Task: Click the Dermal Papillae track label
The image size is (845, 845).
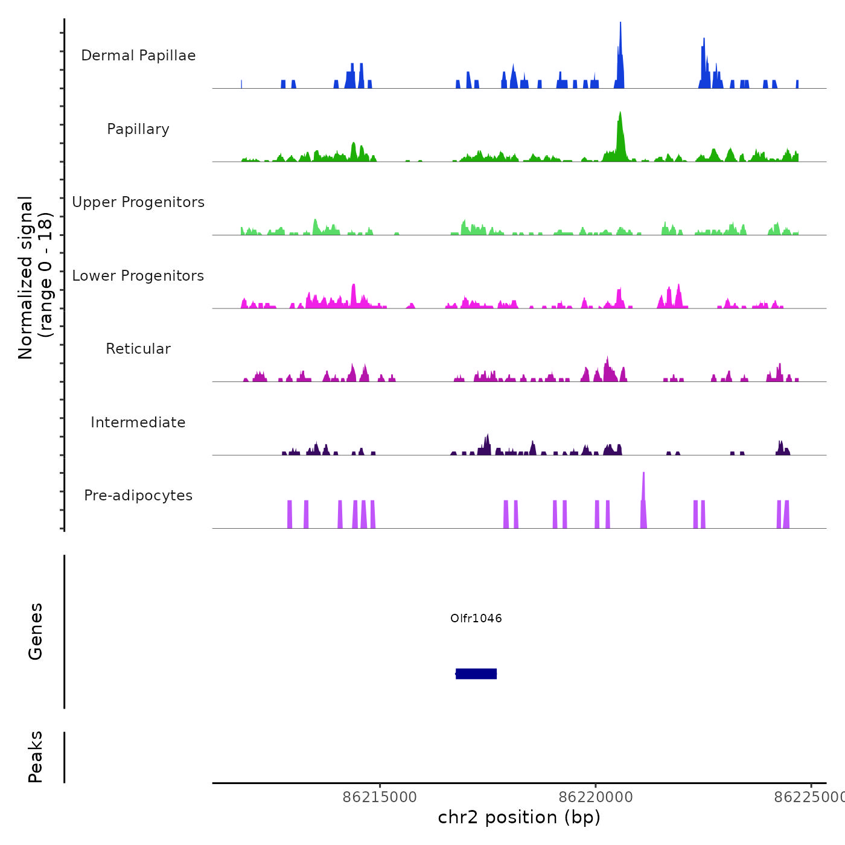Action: tap(138, 56)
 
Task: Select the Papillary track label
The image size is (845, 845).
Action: tap(138, 129)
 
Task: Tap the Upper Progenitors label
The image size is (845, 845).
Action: tap(138, 202)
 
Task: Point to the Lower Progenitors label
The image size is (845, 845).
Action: tap(138, 276)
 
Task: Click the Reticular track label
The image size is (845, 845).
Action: tap(138, 349)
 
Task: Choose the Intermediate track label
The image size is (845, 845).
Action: tap(138, 422)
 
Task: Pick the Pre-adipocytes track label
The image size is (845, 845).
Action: tap(138, 496)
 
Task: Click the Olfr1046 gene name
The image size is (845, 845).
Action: tap(476, 618)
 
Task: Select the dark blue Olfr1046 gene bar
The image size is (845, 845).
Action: tap(476, 674)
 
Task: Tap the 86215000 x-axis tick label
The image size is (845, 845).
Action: tap(380, 797)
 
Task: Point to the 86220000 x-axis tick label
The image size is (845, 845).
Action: tap(596, 797)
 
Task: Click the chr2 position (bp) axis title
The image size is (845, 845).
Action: tap(519, 817)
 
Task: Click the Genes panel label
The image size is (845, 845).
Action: tap(36, 631)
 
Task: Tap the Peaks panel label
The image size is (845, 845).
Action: tap(36, 757)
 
